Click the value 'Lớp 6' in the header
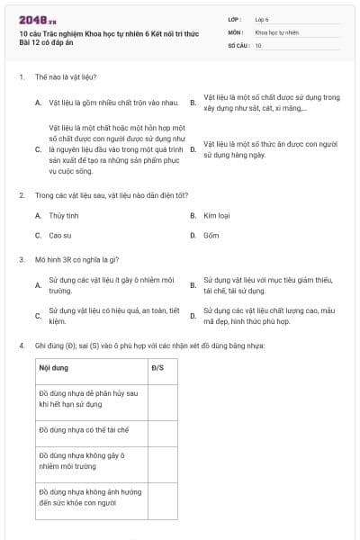coord(262,18)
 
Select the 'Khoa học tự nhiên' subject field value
coord(276,31)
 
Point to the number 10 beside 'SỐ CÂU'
coord(258,45)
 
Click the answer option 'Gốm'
coord(211,236)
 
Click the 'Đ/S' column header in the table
coord(157,368)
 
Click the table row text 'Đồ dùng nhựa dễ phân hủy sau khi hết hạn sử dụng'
coord(87,400)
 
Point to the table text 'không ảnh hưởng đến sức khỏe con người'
coord(85,498)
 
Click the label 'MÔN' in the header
coord(234,31)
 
